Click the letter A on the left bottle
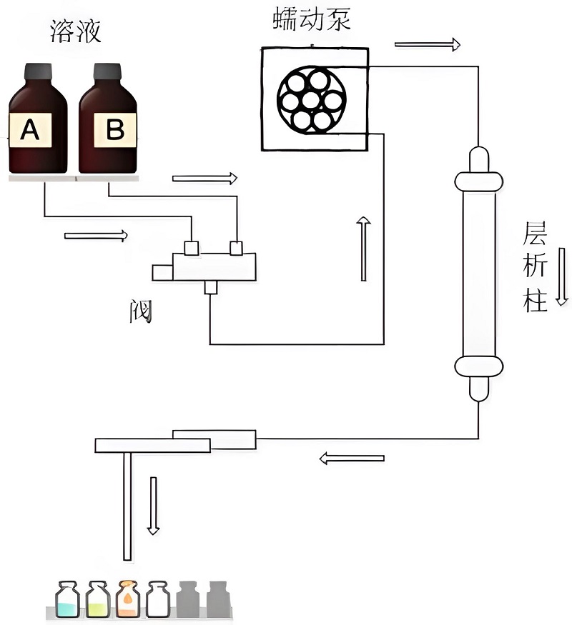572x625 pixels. (29, 129)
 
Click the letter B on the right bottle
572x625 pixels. (114, 129)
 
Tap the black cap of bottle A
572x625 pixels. (38, 72)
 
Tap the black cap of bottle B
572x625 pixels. (108, 72)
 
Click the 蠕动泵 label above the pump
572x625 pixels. (312, 19)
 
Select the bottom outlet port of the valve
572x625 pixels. (210, 287)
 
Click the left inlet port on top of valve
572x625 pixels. (191, 247)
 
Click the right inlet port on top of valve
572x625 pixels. (236, 247)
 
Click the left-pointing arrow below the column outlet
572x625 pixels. (351, 458)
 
